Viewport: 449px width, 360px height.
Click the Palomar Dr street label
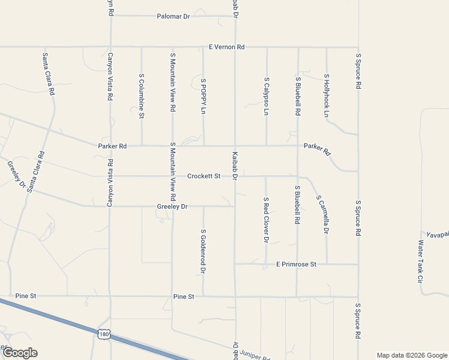[173, 16]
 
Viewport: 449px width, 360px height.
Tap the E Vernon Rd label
[227, 47]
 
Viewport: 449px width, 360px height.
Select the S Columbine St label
[142, 96]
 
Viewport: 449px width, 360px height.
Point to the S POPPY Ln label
[203, 96]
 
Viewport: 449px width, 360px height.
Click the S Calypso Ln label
[267, 96]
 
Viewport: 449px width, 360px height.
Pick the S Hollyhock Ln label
[327, 96]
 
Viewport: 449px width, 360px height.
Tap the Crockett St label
[204, 176]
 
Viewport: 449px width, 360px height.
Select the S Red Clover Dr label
[266, 220]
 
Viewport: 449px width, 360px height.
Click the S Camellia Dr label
[322, 214]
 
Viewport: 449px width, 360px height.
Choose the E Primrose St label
[296, 264]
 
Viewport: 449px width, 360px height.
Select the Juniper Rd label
[258, 356]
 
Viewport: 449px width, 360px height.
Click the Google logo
[20, 353]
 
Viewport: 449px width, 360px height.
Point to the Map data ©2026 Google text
[412, 355]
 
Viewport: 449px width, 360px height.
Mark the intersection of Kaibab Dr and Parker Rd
[235, 145]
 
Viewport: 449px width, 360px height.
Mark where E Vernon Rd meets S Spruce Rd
[358, 47]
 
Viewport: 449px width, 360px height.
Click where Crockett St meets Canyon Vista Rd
[110, 176]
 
